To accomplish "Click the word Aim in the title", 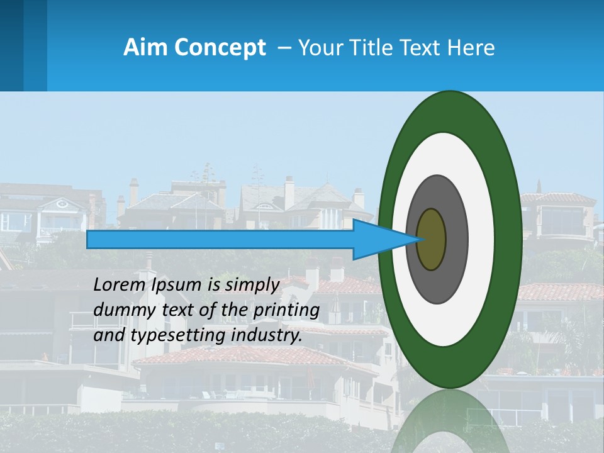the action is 142,48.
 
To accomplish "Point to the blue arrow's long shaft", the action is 220,240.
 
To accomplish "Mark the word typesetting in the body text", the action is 169,336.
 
